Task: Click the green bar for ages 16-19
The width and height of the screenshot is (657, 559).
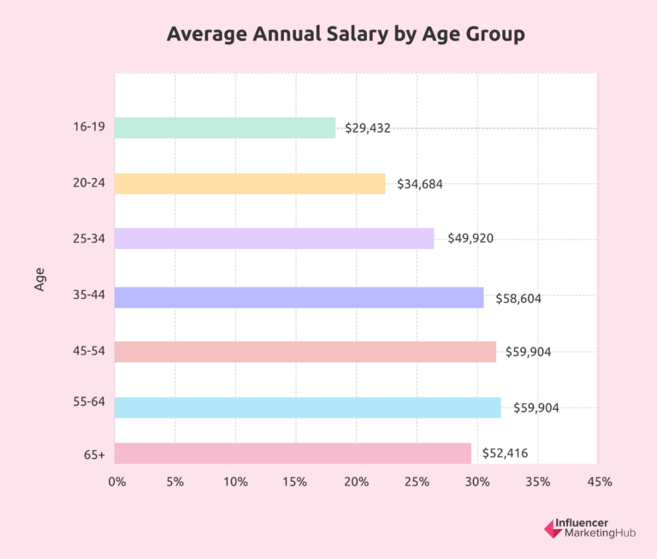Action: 224,128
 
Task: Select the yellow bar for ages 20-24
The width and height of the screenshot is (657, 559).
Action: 249,183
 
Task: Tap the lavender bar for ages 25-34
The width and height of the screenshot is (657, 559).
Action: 274,238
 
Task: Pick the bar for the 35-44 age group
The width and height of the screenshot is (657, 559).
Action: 299,297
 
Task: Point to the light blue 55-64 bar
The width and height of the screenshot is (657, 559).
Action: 307,407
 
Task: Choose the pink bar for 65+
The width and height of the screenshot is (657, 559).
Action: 292,453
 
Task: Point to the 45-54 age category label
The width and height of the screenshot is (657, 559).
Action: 89,352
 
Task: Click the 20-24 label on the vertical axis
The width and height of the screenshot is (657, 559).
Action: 89,183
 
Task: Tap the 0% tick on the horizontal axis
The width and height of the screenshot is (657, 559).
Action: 117,482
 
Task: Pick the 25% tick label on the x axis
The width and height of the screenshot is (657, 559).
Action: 416,482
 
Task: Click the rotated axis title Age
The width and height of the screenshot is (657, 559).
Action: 40,280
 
